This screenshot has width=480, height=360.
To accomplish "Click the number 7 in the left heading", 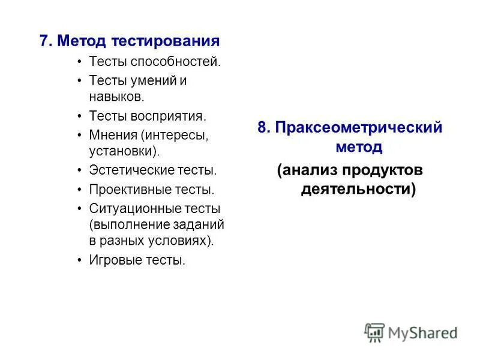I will pos(44,41).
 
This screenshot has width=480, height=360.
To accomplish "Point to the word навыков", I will pos(116,95).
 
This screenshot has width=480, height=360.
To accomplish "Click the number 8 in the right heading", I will pos(262,128).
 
